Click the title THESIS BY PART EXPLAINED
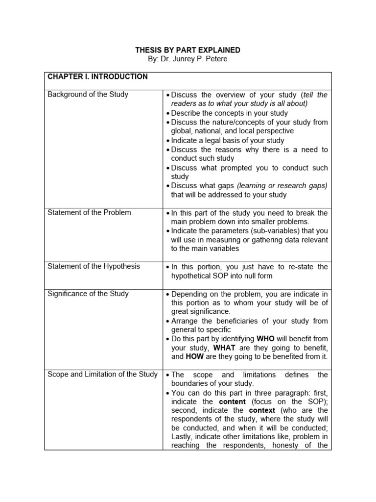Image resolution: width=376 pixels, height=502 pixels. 188,50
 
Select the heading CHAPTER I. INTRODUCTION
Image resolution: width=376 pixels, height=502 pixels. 97,77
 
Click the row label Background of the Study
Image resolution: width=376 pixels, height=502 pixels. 88,95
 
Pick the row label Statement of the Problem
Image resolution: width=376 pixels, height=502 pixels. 89,213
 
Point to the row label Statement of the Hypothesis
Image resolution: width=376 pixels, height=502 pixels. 94,266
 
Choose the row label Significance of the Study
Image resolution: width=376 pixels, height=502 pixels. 88,294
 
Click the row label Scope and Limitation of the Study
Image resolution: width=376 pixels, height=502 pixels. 102,375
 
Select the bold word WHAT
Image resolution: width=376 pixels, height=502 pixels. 225,348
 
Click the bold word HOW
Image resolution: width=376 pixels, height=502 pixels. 194,356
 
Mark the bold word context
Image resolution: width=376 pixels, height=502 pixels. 262,410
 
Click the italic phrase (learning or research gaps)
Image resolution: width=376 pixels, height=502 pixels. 282,186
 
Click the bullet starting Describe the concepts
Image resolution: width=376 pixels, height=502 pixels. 229,113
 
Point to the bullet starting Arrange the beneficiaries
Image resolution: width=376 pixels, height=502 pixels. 249,321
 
